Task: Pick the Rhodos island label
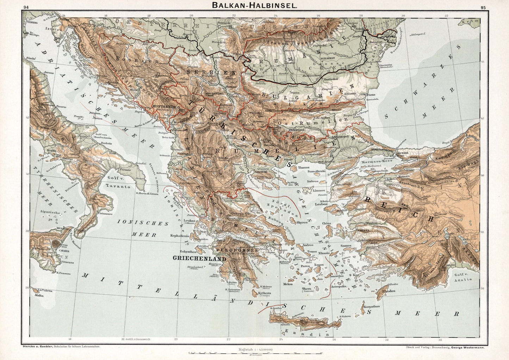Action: point(391,291)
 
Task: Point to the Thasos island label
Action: point(304,168)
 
